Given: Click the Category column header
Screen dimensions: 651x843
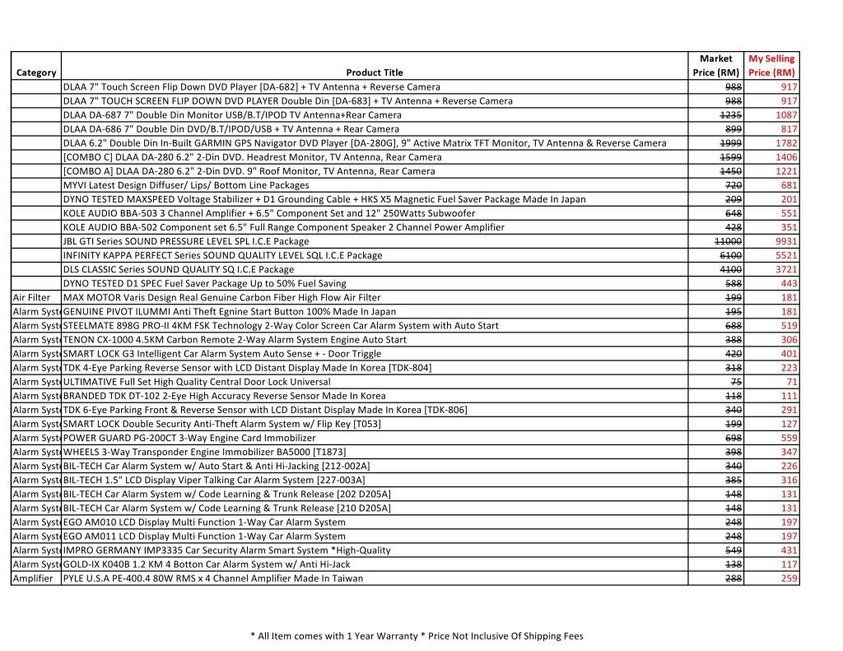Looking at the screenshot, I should click(35, 72).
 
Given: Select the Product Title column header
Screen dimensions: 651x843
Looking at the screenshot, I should click(375, 72).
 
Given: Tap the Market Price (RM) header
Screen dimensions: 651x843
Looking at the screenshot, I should click(715, 66).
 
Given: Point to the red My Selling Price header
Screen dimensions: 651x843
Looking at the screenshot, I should click(771, 66).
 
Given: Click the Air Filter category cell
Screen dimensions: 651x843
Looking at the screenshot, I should click(32, 297).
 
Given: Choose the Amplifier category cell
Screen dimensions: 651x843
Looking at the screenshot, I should click(33, 578).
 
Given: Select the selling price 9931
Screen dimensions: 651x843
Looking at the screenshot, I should click(785, 241).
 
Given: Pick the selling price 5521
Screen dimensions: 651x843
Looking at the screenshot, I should click(785, 255).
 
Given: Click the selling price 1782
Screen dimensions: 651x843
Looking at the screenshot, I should click(786, 142).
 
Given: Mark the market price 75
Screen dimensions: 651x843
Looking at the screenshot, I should click(737, 382).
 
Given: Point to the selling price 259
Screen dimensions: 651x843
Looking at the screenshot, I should click(789, 578).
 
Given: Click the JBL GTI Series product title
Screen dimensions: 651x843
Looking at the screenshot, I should click(186, 241).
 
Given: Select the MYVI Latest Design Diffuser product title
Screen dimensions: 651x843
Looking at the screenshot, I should click(186, 185).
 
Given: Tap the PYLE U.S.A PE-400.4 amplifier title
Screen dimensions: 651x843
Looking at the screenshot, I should click(212, 578).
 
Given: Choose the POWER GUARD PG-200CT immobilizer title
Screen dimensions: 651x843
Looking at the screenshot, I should click(189, 438).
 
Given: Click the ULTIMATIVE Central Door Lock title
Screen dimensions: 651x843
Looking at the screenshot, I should click(197, 382).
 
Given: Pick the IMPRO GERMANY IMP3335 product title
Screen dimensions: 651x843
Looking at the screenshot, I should click(226, 550).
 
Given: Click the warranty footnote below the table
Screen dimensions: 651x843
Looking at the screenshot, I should click(417, 635).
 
